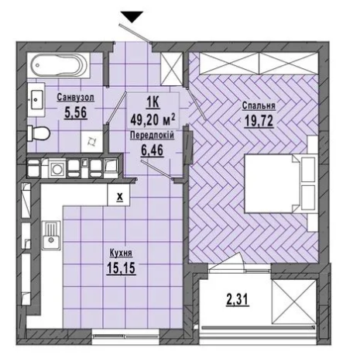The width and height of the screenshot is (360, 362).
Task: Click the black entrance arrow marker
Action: pos(132,17)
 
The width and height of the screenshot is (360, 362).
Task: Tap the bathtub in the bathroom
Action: pos(59,65)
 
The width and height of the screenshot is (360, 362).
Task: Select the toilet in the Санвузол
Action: pos(38,133)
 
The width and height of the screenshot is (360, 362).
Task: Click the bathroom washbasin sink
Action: pos(36,99)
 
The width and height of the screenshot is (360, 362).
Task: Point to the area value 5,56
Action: pos(76,112)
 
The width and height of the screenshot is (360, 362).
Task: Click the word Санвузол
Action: pos(75,98)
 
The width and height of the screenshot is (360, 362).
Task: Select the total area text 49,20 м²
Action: pos(153,119)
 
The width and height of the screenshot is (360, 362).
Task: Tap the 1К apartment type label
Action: pos(153,103)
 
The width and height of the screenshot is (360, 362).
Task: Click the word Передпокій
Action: pos(153,135)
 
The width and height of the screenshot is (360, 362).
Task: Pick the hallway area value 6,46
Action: pos(153,150)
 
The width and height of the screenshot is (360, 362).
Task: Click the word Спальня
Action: pos(259,105)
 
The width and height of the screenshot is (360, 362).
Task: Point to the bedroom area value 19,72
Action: pos(259,121)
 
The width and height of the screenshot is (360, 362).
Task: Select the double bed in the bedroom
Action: pos(281,184)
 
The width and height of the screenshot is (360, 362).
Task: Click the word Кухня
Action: pos(121,253)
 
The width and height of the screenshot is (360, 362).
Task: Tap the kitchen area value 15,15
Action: pos(121,267)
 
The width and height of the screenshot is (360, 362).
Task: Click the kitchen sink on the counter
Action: pos(52,236)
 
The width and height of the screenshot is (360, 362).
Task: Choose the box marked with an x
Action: pos(118,196)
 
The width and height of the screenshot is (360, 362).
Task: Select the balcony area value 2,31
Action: pos(238,300)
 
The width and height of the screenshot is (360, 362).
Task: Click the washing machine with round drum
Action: pos(57,169)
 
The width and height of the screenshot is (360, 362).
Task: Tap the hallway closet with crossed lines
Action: pos(172,69)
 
